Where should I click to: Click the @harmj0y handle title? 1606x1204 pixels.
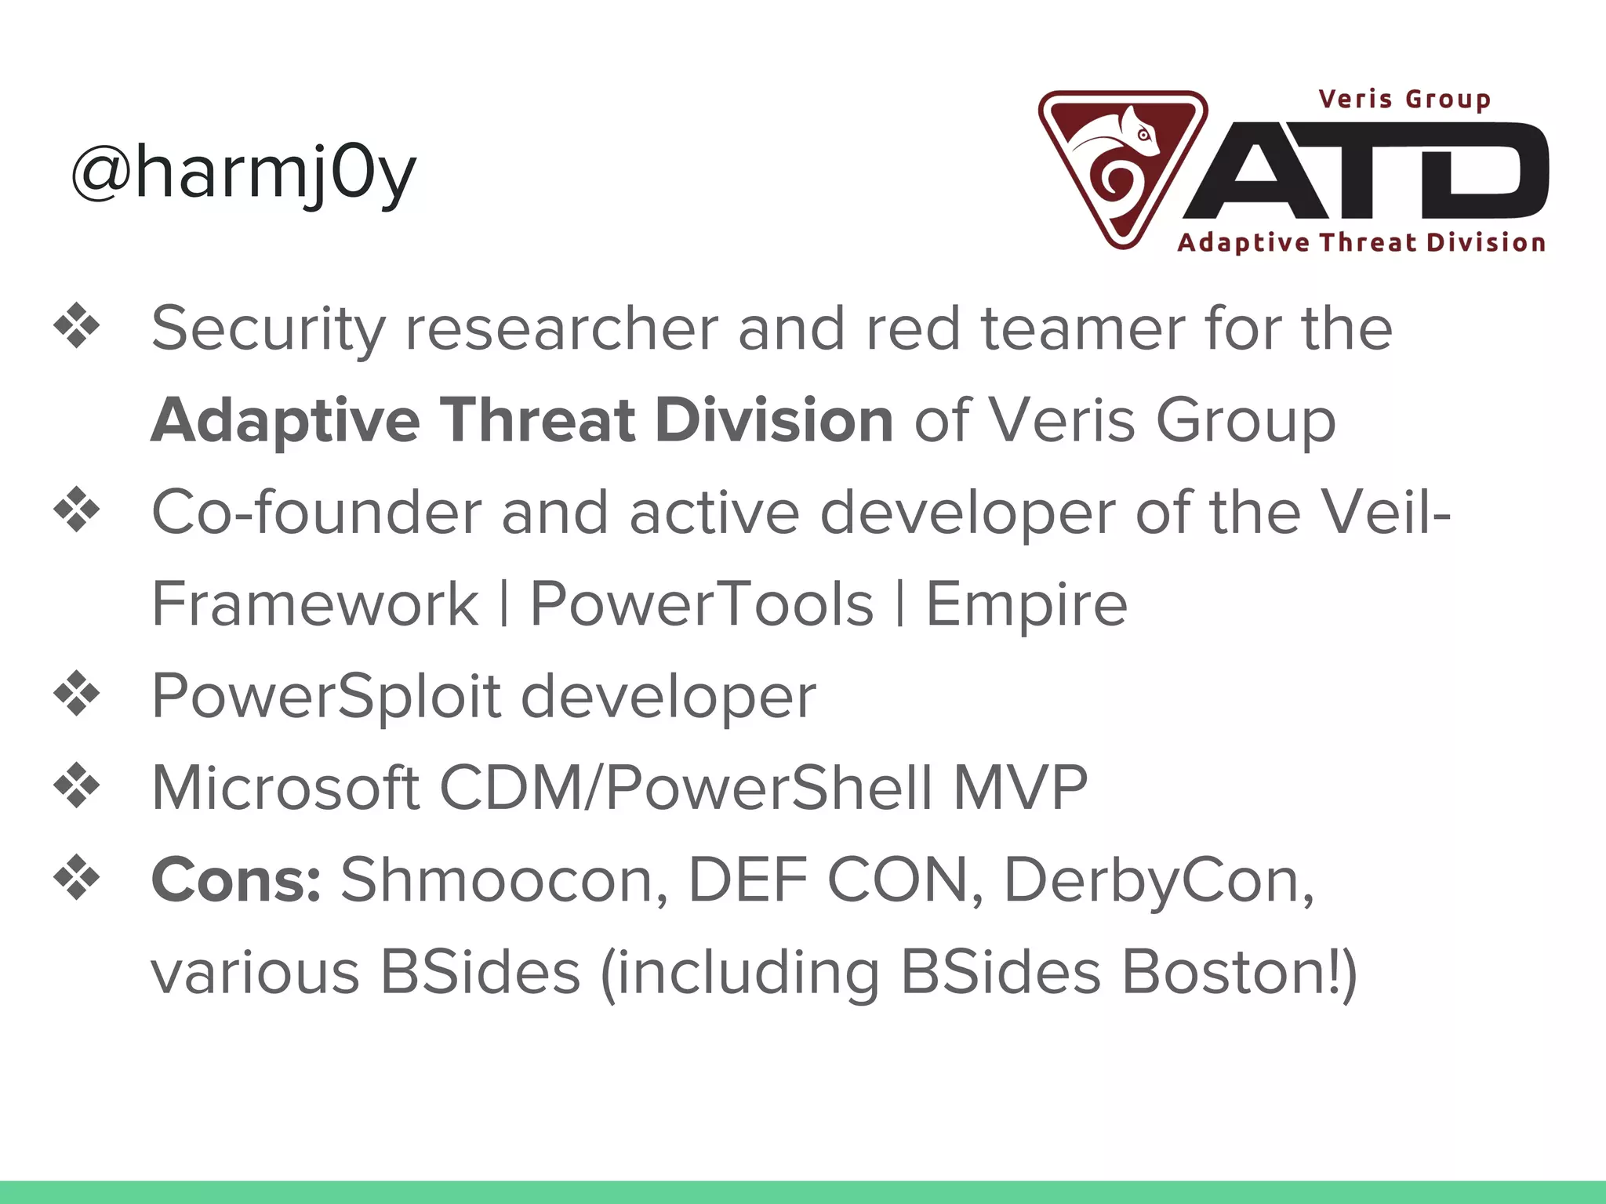243,174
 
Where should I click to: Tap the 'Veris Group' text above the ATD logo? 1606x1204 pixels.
1404,100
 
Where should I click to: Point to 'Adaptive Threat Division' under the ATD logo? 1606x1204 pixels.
1361,242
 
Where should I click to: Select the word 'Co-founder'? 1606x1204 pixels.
316,513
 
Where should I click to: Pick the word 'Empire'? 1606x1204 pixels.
1026,604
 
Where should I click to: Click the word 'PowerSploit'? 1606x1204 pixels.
326,696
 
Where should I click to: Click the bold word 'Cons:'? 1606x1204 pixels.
236,880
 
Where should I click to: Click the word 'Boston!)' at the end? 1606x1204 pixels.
1239,972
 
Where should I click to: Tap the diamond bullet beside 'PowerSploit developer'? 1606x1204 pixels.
77,694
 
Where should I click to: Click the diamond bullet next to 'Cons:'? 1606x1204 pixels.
77,878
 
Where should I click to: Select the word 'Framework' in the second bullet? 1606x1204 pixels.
314,604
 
